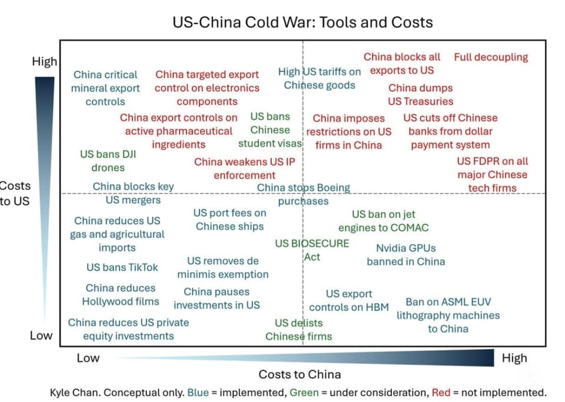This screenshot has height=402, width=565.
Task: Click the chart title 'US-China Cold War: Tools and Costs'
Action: tap(303, 22)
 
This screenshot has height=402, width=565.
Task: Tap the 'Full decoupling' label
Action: tap(491, 57)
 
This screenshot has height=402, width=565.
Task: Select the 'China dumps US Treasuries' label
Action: tap(420, 95)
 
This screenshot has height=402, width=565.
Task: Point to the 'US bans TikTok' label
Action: tap(122, 267)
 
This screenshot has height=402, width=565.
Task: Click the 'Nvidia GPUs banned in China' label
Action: tap(406, 255)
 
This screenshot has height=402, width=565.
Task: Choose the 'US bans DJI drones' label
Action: tap(108, 161)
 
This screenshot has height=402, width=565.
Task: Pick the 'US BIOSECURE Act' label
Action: tap(312, 250)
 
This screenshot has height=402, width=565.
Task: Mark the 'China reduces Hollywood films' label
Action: tap(121, 295)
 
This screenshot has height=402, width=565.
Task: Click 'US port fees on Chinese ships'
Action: tap(230, 220)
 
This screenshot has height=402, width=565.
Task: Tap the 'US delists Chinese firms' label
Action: tap(298, 330)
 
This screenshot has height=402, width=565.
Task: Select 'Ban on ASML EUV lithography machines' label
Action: tap(448, 315)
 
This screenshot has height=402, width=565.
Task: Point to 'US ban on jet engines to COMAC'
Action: tap(383, 221)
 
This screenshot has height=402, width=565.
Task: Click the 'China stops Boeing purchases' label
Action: tap(303, 194)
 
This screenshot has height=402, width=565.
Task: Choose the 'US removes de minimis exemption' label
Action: tap(222, 267)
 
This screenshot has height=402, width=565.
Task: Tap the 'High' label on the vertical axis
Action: tap(44, 62)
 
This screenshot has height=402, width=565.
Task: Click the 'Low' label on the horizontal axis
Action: tap(88, 358)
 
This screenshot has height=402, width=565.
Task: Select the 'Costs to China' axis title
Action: tap(300, 374)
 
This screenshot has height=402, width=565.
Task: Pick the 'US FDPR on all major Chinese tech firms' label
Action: tap(492, 175)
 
